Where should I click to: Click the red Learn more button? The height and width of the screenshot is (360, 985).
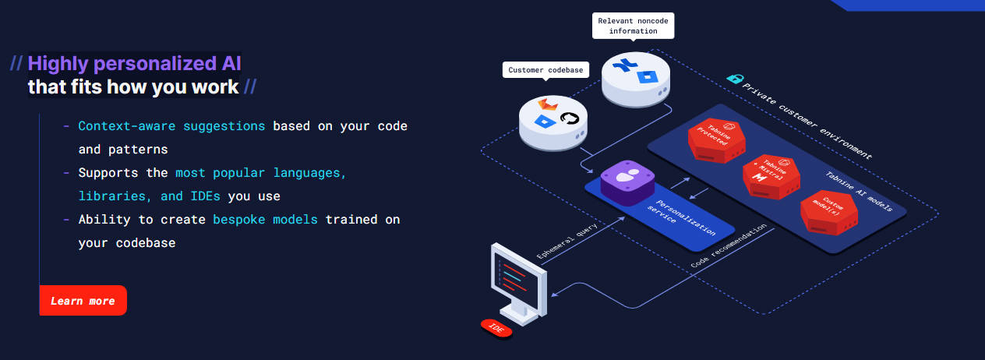83,301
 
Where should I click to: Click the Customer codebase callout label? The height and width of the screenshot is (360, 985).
546,70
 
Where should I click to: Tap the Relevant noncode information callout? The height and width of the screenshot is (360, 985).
633,26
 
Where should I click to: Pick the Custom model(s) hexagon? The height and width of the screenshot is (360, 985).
829,212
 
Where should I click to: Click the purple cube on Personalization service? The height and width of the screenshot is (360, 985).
627,182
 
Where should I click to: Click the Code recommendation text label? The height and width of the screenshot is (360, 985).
728,246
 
